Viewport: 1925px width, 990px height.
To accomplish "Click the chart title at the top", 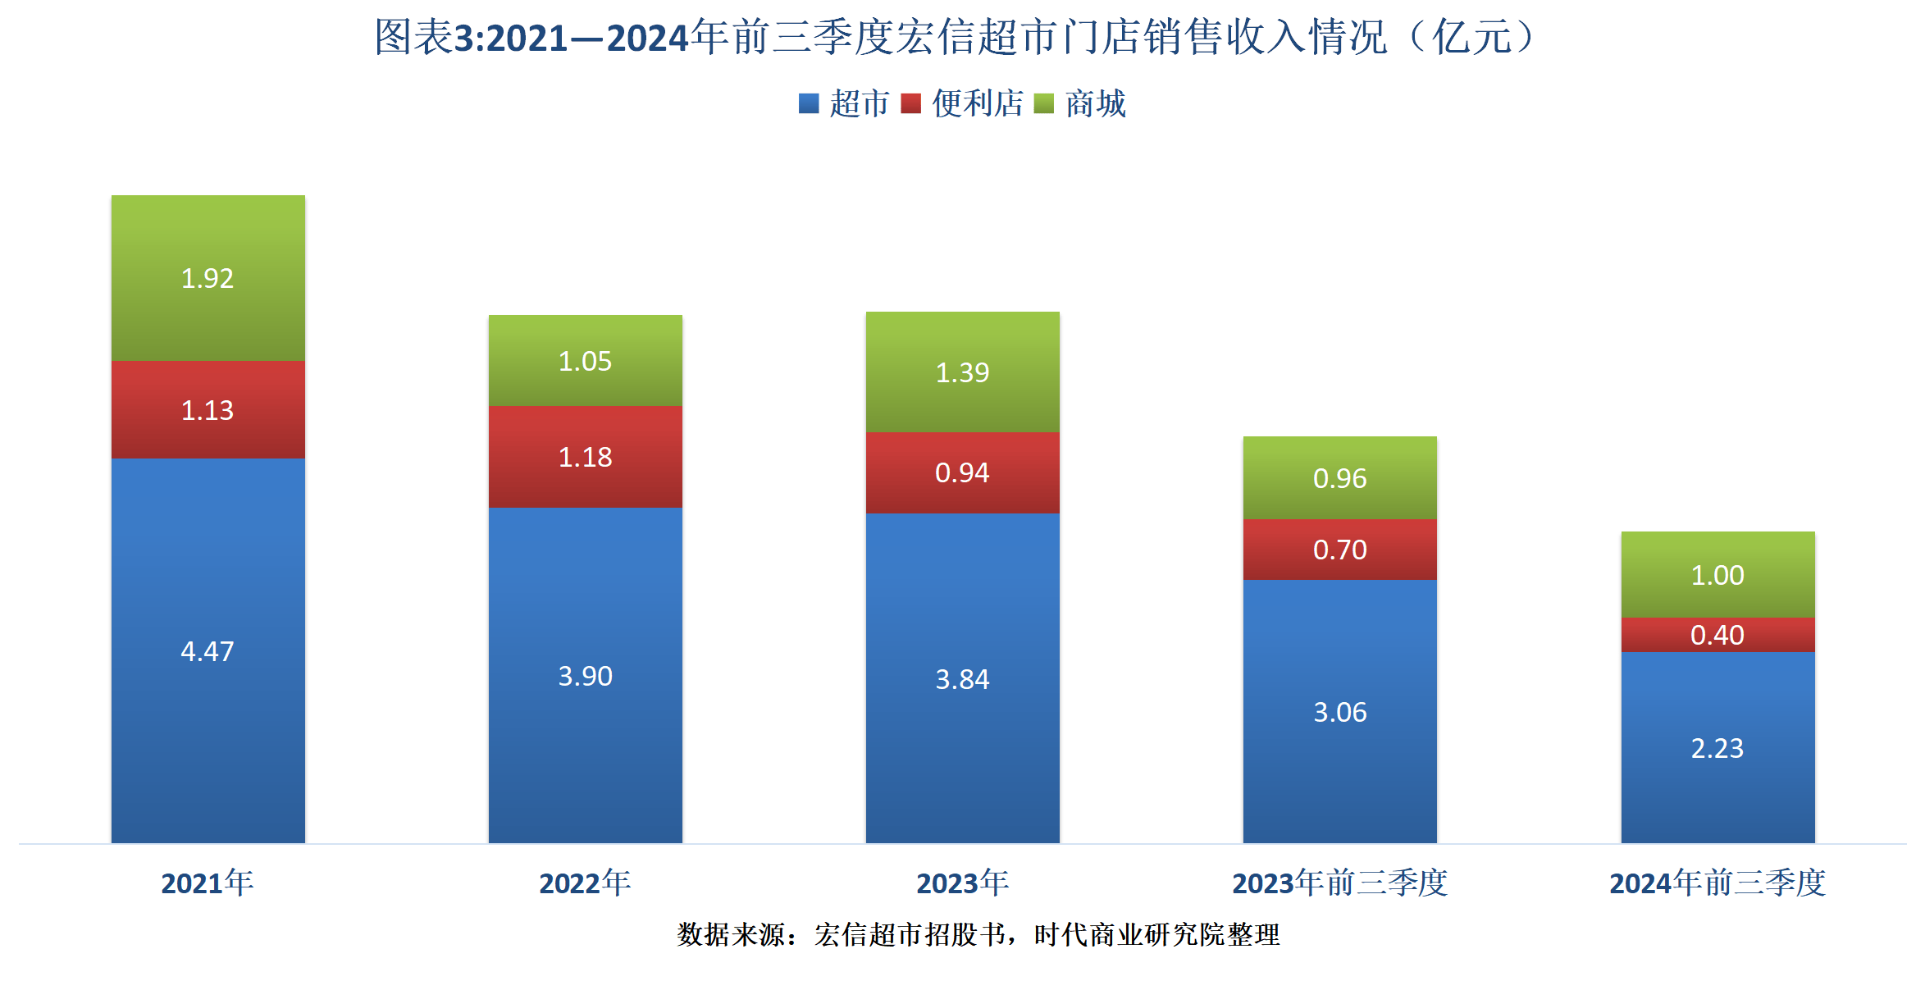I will (x=956, y=37).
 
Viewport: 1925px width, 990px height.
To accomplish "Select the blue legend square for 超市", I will (x=809, y=103).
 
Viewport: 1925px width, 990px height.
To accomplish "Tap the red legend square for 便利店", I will (x=910, y=103).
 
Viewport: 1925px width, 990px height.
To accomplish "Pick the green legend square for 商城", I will (x=1044, y=103).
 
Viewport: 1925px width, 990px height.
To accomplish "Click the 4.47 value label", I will (x=208, y=651).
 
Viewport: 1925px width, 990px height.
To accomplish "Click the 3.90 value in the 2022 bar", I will (x=585, y=676).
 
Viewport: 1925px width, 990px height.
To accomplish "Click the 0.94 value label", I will (x=962, y=472).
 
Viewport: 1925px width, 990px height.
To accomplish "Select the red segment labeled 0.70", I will (x=1339, y=550).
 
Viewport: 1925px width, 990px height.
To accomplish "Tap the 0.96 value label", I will (x=1339, y=478).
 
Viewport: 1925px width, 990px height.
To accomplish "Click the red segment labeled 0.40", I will (x=1717, y=635).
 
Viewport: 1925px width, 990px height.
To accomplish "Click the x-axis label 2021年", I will (x=208, y=883).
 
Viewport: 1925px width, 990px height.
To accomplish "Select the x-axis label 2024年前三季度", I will (x=1717, y=883).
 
